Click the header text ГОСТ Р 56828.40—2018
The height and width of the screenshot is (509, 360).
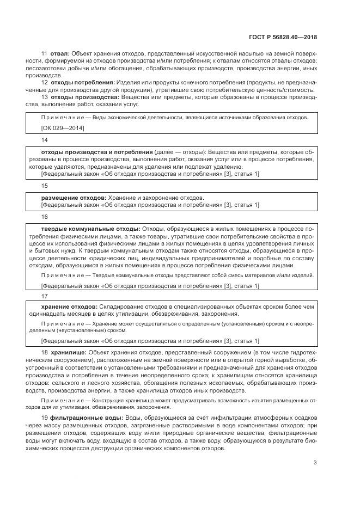point(282,38)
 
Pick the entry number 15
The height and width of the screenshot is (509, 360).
point(45,185)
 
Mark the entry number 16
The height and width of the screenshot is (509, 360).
point(45,217)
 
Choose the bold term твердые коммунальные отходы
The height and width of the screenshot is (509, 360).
point(91,228)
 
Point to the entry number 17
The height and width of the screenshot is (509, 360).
point(45,295)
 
